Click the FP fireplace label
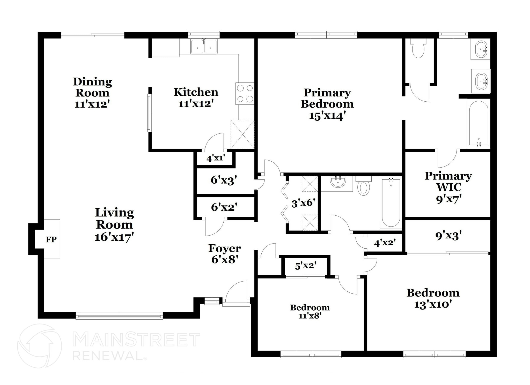point(51,239)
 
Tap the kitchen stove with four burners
point(245,93)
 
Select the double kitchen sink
point(204,47)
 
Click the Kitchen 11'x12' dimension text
point(196,104)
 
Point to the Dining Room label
point(93,87)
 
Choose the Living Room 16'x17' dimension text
point(114,237)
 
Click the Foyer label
point(225,248)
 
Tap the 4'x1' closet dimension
point(216,158)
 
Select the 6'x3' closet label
point(224,180)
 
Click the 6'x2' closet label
point(224,207)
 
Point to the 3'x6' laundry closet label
point(303,203)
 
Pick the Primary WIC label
point(448,181)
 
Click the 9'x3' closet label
point(448,236)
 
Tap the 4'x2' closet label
point(385,243)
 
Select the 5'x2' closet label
point(306,266)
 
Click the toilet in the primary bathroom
point(418,49)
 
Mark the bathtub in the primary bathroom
point(479,123)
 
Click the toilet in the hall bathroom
point(364,187)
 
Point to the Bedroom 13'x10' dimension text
point(433,305)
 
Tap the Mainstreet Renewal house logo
point(40,346)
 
